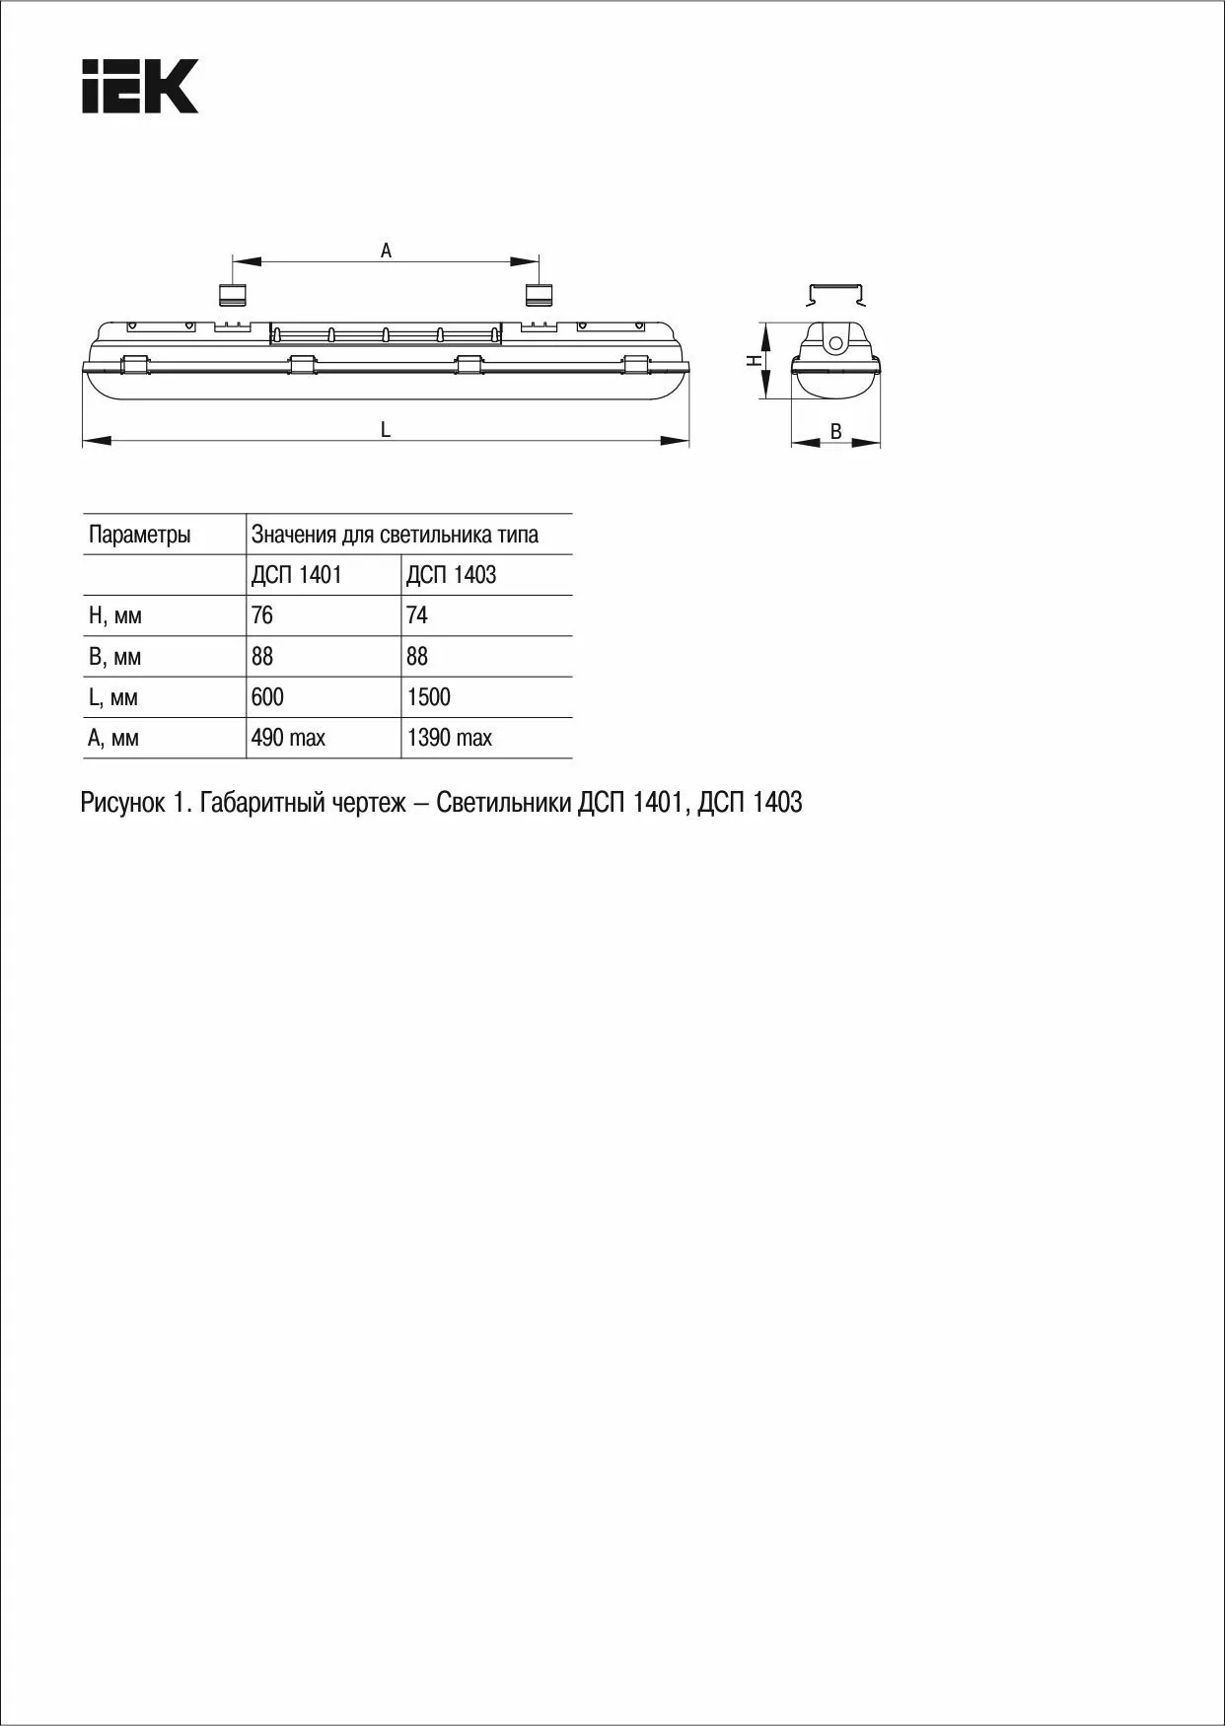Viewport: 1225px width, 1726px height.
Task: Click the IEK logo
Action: [x=140, y=86]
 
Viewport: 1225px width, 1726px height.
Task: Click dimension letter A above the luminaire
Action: [x=386, y=252]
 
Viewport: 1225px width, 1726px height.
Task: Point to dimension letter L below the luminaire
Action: [x=386, y=430]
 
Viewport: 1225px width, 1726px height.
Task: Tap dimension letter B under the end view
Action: [x=835, y=432]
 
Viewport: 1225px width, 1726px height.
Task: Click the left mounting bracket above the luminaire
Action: [x=232, y=294]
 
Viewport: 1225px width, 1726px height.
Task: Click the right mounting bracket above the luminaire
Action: [x=539, y=294]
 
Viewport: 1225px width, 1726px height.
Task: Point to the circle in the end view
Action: [x=835, y=344]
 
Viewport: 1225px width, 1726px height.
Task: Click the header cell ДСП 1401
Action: [x=296, y=575]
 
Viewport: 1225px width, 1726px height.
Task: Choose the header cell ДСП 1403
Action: [x=451, y=575]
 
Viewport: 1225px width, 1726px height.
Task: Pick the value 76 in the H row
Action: [x=262, y=615]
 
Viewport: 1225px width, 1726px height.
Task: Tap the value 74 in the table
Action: [x=417, y=615]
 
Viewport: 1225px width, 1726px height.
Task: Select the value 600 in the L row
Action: [x=267, y=697]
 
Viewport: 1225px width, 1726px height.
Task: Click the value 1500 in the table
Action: [x=428, y=697]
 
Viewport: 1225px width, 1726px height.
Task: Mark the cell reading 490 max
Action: [x=288, y=738]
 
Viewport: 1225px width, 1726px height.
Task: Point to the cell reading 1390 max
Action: [x=449, y=738]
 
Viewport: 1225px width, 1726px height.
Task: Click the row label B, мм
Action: [x=114, y=657]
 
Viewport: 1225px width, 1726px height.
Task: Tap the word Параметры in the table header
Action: [x=139, y=535]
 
